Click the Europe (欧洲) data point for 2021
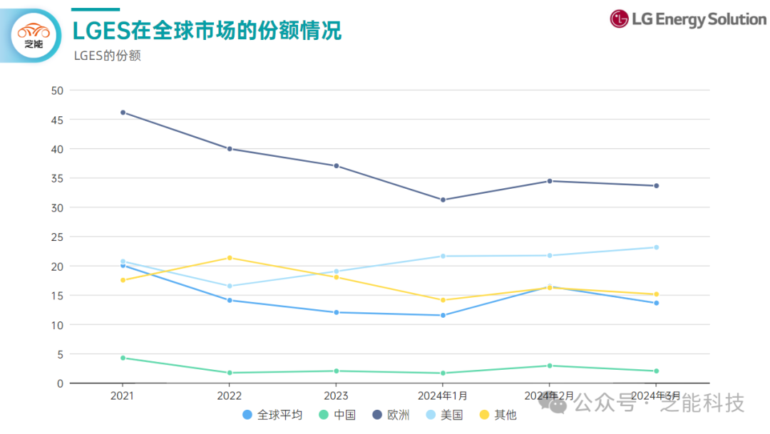[123, 113]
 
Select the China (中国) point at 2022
[230, 373]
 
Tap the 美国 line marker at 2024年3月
[656, 247]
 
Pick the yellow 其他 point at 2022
[230, 258]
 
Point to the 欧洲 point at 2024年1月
[443, 200]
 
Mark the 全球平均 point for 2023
[336, 312]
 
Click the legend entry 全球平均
[272, 415]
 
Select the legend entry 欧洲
[391, 415]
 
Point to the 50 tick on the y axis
[57, 91]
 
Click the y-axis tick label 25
[57, 237]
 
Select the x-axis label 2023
[336, 396]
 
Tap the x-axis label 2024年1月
[443, 396]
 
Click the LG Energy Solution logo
[687, 19]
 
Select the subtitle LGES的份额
[107, 56]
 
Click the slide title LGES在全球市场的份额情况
[207, 30]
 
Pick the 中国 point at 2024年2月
[549, 366]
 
